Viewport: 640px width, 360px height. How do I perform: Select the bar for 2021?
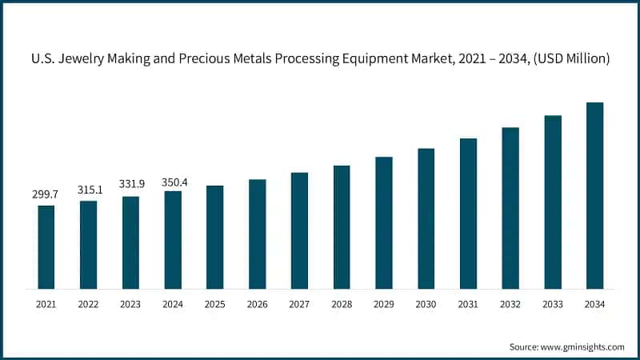(46, 247)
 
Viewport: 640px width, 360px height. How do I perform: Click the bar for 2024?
(173, 240)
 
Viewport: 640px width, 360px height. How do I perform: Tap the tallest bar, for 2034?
(594, 195)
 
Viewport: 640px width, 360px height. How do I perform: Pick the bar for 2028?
(342, 227)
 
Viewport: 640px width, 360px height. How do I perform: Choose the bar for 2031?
(468, 214)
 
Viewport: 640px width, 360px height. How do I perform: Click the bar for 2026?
(257, 234)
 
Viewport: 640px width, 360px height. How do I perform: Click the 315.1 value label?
(89, 190)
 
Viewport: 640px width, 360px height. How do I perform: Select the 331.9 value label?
(130, 185)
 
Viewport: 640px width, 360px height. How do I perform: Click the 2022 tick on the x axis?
(89, 304)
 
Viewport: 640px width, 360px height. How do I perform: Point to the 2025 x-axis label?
(215, 304)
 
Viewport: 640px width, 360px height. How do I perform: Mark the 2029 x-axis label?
(384, 304)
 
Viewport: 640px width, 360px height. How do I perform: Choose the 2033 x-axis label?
(552, 304)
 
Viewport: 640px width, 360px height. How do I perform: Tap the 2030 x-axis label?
(426, 304)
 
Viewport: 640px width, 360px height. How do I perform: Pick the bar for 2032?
(510, 208)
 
